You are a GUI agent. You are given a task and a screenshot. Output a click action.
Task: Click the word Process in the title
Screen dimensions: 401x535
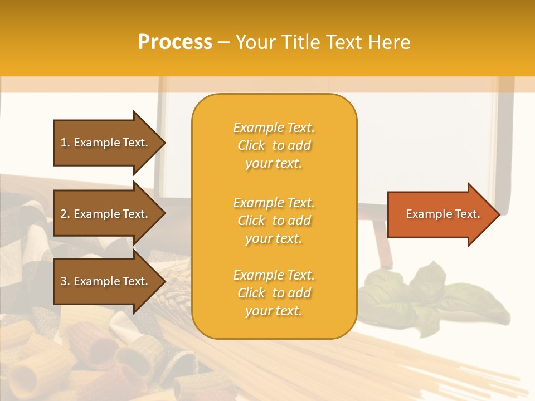[175, 42]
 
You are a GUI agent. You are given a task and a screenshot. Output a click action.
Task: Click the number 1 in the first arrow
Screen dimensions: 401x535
[64, 143]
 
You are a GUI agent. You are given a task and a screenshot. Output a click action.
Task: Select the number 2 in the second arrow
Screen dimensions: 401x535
[64, 214]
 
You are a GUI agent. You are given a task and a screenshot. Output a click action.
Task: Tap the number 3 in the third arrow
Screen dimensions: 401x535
[64, 281]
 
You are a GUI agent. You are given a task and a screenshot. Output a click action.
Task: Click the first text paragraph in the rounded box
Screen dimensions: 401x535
[274, 145]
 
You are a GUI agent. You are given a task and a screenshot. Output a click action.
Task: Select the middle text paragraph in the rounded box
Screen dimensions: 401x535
[274, 221]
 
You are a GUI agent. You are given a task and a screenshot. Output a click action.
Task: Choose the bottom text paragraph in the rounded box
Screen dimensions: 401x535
[274, 293]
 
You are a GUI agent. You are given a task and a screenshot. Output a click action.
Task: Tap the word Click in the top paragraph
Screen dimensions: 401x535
[251, 145]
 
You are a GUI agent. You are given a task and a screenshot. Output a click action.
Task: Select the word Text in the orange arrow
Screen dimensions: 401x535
[466, 214]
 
